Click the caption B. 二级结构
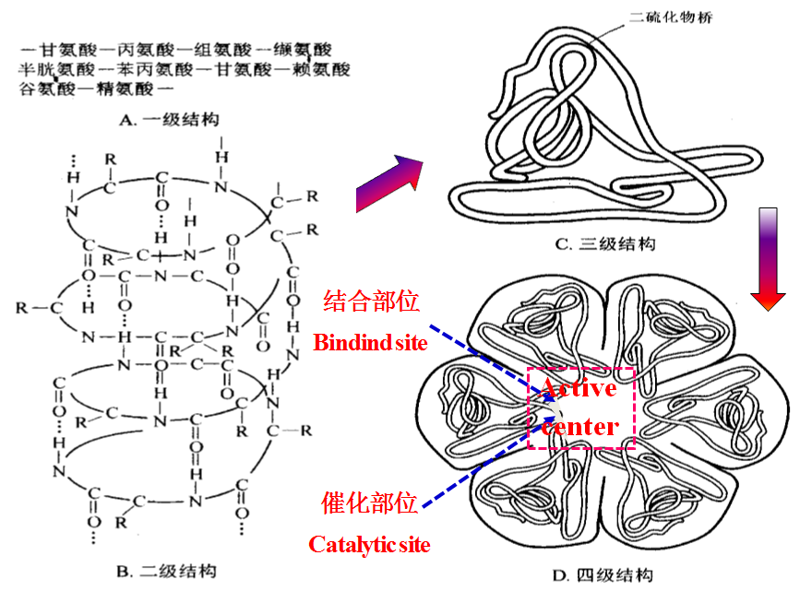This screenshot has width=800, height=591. coord(169,572)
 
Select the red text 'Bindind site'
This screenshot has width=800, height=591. coord(371,343)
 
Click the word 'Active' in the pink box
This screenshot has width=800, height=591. coord(579,388)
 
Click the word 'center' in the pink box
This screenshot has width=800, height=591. coord(579,427)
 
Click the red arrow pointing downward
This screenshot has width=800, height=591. coord(768,259)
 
